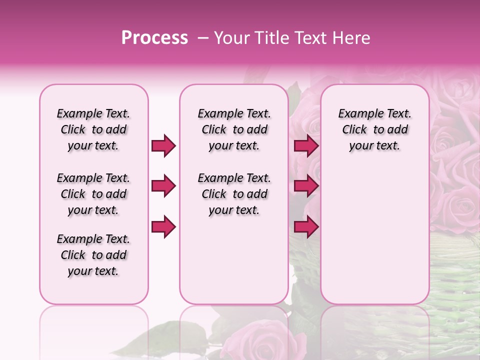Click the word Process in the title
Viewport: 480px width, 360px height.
tap(154, 38)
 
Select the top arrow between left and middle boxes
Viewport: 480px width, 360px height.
tap(163, 145)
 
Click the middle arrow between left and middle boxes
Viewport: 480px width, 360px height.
tap(163, 186)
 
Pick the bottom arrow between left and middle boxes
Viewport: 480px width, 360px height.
tap(163, 226)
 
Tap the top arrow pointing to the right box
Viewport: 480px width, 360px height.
tap(306, 145)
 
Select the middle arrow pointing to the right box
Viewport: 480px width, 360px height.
tap(306, 186)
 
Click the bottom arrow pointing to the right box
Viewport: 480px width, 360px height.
tap(306, 226)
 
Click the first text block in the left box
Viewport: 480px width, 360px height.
tap(93, 129)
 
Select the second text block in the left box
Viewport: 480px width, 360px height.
tap(93, 194)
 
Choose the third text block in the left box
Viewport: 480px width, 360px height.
tap(93, 255)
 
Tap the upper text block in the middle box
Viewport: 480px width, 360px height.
tap(234, 129)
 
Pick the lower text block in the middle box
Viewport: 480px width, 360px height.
tap(234, 194)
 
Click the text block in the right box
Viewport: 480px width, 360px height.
tap(374, 129)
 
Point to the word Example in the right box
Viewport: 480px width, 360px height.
tap(357, 114)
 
